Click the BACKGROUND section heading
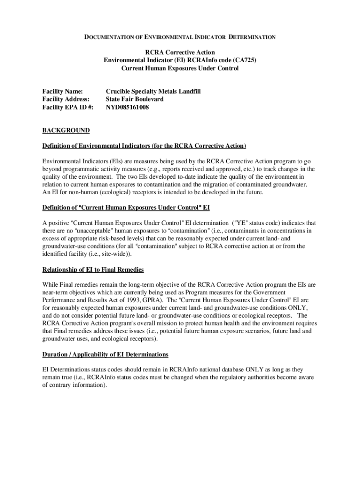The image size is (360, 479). [x=65, y=130]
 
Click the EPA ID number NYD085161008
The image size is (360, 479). [x=127, y=107]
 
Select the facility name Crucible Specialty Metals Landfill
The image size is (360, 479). [x=153, y=91]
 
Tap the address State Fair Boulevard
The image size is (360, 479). [x=135, y=99]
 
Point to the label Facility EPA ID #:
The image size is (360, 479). [x=68, y=107]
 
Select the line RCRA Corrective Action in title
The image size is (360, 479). [x=180, y=52]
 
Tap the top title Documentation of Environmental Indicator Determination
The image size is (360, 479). [x=180, y=37]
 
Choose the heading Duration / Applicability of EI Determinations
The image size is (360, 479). [x=105, y=354]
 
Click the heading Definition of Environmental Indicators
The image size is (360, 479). [x=144, y=146]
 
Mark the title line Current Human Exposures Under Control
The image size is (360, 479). [x=180, y=68]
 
